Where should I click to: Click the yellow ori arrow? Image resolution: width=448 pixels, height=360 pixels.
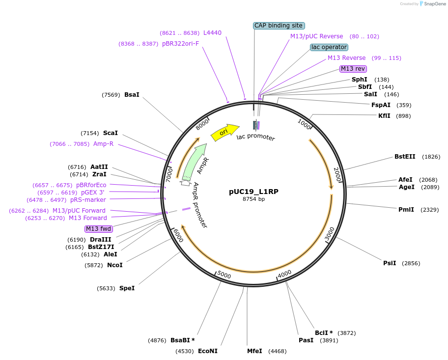click(225, 132)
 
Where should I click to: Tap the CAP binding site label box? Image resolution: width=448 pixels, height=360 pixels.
click(279, 26)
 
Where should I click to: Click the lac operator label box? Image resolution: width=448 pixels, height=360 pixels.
click(329, 47)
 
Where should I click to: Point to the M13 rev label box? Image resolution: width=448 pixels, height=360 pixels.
click(353, 69)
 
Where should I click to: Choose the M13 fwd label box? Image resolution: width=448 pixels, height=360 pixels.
click(99, 229)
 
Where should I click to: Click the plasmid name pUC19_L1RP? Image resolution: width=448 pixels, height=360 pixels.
click(253, 192)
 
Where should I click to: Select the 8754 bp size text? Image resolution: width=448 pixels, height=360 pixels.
click(253, 199)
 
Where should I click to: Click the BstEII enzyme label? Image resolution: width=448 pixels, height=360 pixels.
click(405, 157)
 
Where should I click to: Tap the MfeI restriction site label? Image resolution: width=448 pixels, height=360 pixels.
click(254, 351)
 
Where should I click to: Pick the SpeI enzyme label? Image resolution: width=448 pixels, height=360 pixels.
click(127, 288)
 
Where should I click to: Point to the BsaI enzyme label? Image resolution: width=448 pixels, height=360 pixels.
click(132, 95)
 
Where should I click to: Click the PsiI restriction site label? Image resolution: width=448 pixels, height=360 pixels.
click(390, 263)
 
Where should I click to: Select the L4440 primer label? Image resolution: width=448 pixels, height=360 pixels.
click(212, 33)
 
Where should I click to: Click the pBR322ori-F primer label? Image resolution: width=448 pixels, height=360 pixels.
click(181, 44)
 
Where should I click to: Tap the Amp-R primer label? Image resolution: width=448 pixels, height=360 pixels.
click(104, 144)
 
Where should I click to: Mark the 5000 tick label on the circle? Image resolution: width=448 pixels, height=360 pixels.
click(224, 275)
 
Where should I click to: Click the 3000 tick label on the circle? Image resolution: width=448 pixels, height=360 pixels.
click(330, 234)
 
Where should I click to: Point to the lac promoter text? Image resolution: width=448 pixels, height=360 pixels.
click(256, 137)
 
